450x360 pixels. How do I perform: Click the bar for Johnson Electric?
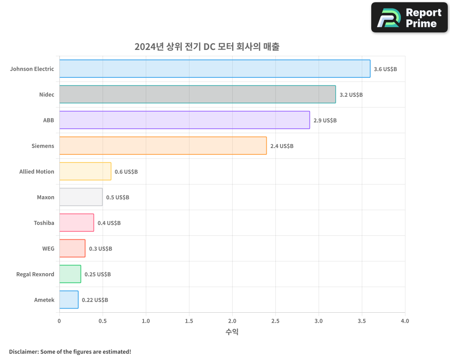pos(215,69)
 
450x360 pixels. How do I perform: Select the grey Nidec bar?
pos(197,94)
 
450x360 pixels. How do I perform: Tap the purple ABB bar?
pos(184,120)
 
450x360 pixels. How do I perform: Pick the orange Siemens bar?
pos(163,146)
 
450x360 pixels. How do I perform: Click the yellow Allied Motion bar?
pos(85,171)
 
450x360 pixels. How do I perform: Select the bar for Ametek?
pos(69,300)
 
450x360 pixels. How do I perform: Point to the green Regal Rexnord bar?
pos(70,274)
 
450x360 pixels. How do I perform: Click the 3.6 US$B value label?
pos(385,69)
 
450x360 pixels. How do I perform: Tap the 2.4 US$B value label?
pos(282,146)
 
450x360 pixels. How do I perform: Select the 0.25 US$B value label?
pos(98,274)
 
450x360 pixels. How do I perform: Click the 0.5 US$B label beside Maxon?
pos(117,198)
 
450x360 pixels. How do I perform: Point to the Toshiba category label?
pos(44,223)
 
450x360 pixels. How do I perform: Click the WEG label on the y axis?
pos(48,248)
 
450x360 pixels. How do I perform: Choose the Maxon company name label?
pos(45,197)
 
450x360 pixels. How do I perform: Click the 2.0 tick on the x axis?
pos(232,321)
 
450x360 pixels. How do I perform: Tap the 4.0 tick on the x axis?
pos(405,321)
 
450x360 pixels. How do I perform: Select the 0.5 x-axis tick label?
pos(103,321)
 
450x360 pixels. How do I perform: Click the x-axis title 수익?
pos(232,332)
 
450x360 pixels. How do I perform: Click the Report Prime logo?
pos(409,18)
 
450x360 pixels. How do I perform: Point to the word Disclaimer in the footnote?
pos(23,351)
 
